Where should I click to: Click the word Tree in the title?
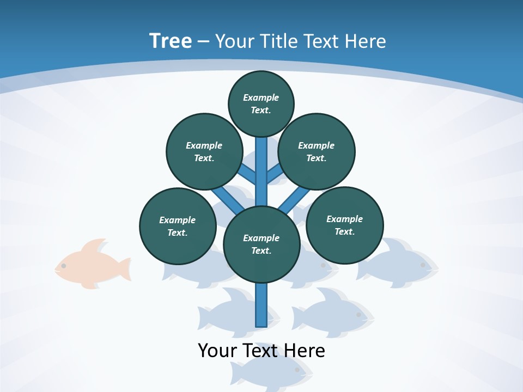[x=171, y=41]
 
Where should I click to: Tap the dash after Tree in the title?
[x=203, y=42]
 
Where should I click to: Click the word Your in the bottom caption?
[x=218, y=351]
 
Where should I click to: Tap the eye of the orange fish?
[x=64, y=266]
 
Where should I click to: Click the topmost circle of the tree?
[x=261, y=104]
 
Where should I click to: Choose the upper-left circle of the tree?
[x=204, y=151]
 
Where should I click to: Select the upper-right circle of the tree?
[x=317, y=151]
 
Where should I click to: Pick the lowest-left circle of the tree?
[x=178, y=226]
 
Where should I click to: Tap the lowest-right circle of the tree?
[x=345, y=225]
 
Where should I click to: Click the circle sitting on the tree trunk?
[x=261, y=244]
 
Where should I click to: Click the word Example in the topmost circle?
[x=261, y=98]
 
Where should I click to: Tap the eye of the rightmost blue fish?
[x=422, y=265]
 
